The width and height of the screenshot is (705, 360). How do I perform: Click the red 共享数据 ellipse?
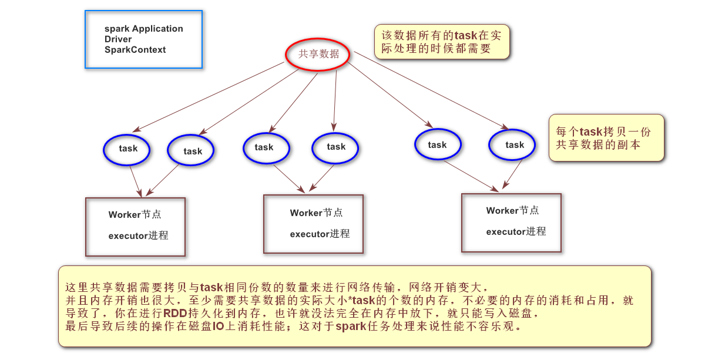(318, 54)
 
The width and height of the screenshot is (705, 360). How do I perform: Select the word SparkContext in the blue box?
(135, 50)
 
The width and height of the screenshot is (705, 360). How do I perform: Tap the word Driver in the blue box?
(118, 39)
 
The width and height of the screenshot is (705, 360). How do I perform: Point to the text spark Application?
(143, 29)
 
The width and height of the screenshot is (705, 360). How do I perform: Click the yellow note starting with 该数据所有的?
(442, 42)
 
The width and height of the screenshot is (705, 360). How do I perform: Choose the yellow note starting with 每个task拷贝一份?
(606, 137)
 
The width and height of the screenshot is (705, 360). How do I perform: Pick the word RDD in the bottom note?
(175, 313)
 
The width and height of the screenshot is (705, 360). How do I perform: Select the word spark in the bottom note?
(351, 326)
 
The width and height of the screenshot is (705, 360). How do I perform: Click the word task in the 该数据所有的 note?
(466, 35)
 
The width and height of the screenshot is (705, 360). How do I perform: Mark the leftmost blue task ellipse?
(127, 149)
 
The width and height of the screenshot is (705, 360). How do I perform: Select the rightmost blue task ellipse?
(512, 144)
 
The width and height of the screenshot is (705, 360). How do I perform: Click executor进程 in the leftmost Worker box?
(138, 235)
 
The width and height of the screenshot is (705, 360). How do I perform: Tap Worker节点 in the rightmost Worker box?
(512, 210)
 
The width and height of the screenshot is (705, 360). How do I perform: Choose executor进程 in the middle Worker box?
(320, 234)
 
